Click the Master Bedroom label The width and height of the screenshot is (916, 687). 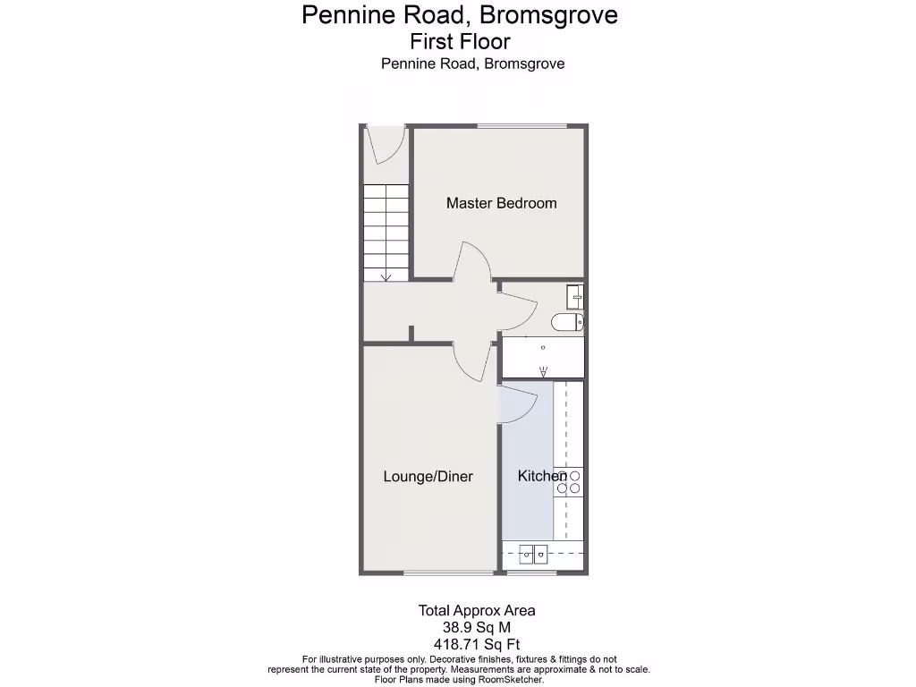501,203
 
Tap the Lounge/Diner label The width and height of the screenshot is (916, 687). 428,476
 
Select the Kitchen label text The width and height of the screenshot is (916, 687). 541,476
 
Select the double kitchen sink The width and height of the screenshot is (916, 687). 534,555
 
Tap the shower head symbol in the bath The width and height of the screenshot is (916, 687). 542,371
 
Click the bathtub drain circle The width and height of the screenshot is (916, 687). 542,345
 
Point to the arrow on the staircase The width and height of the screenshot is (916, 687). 386,275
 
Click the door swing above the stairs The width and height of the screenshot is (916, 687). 387,146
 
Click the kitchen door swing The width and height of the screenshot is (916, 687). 516,405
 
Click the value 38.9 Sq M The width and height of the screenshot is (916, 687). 477,628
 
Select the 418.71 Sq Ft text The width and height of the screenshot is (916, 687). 477,644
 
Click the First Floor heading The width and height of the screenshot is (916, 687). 460,41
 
